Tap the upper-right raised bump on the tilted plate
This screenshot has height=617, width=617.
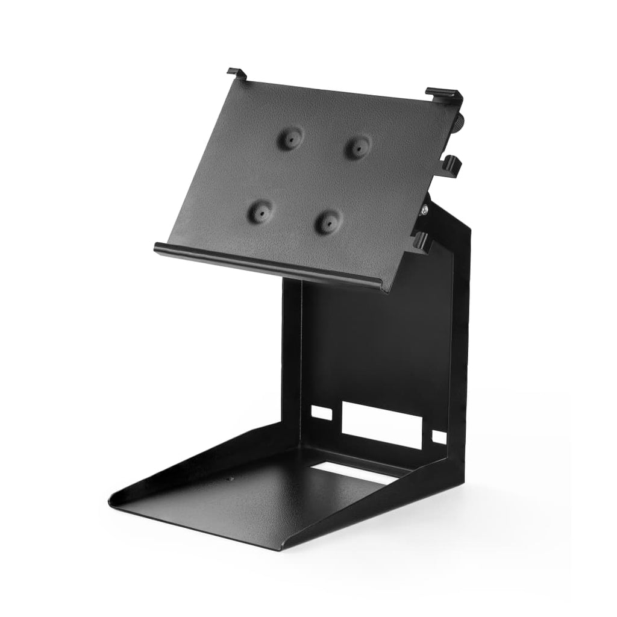pos(359,145)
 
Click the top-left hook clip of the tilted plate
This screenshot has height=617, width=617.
pos(237,74)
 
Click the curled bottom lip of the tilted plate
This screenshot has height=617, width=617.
pos(271,265)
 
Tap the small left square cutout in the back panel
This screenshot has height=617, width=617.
pos(321,413)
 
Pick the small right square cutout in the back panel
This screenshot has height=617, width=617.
pos(440,436)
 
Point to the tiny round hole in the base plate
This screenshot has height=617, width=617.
pos(230,480)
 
